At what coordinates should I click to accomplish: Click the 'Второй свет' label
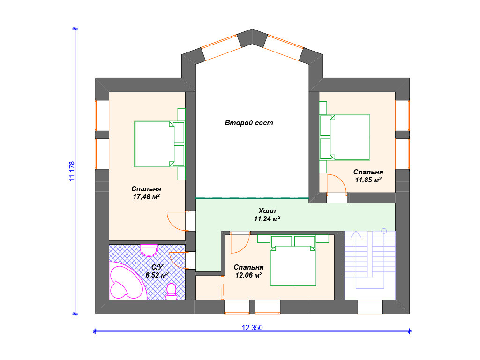(x=248, y=123)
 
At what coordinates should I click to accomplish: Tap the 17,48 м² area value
(x=146, y=196)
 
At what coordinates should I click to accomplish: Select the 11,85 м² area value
(x=368, y=180)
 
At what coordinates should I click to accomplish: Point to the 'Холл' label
(x=267, y=210)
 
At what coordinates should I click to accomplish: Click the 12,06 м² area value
(x=248, y=275)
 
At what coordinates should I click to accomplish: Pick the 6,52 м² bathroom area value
(x=157, y=275)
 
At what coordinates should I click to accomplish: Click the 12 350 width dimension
(x=252, y=328)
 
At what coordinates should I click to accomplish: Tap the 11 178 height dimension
(x=72, y=172)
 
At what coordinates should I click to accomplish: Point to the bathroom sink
(x=149, y=250)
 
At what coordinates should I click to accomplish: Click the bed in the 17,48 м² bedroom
(x=159, y=144)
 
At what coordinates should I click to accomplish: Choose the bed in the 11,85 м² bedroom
(x=345, y=137)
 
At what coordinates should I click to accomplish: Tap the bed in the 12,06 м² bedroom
(x=293, y=261)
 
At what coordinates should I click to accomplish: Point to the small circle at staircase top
(x=384, y=231)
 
